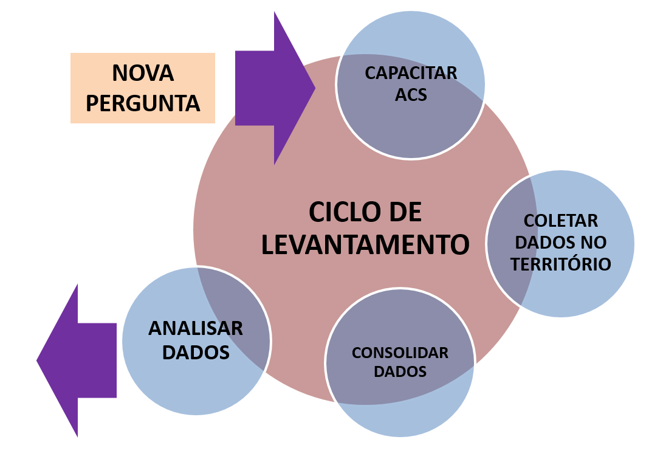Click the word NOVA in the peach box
coord(143,74)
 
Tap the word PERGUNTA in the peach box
coord(143,103)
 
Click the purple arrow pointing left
coord(76,361)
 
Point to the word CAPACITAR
coord(411,74)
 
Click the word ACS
coord(411,95)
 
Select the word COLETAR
coord(561,221)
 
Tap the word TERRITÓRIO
coord(561,264)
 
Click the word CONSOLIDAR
coord(400,353)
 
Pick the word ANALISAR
coord(196,329)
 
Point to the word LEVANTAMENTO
coord(365,245)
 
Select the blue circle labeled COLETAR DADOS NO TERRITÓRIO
coord(583,292)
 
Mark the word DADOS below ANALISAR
coord(196,353)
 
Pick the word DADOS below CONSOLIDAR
coord(400,371)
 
